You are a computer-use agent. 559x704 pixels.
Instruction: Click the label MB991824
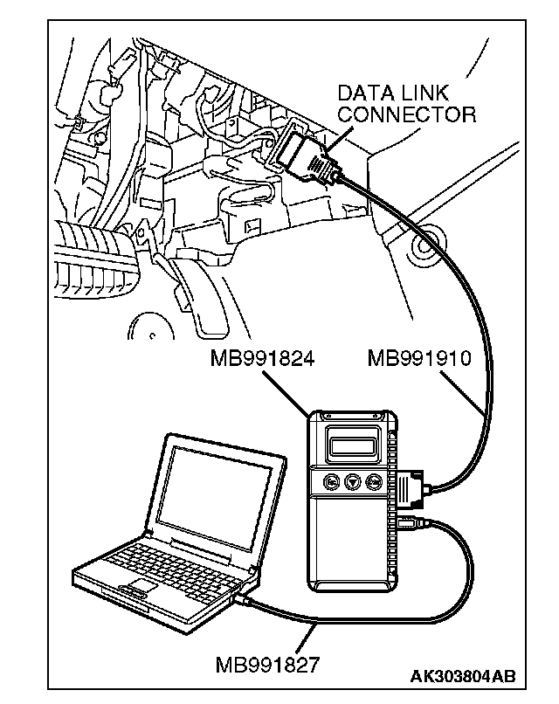click(x=262, y=359)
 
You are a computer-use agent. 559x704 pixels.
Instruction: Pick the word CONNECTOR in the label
click(x=406, y=114)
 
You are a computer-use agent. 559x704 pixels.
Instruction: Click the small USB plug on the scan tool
click(x=410, y=524)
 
